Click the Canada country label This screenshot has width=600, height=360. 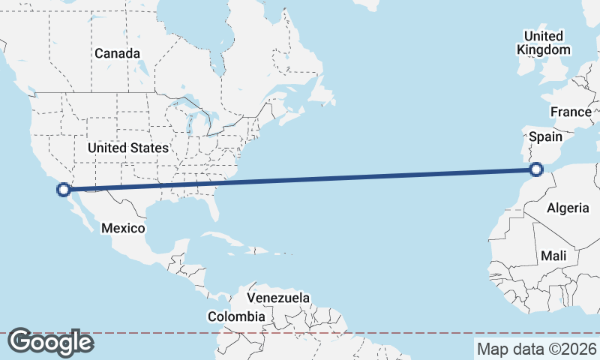tap(118, 54)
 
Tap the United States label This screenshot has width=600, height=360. tap(127, 148)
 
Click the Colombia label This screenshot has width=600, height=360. tap(236, 316)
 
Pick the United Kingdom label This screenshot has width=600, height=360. tap(543, 43)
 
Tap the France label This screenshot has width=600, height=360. tap(570, 112)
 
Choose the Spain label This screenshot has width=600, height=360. tap(545, 137)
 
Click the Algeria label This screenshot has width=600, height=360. tap(568, 208)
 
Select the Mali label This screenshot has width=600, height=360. tap(553, 256)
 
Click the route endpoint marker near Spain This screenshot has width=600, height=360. tap(537, 169)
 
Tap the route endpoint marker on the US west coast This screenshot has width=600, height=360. tap(64, 190)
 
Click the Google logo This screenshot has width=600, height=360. tap(50, 342)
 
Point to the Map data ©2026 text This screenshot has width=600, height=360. tap(536, 349)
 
